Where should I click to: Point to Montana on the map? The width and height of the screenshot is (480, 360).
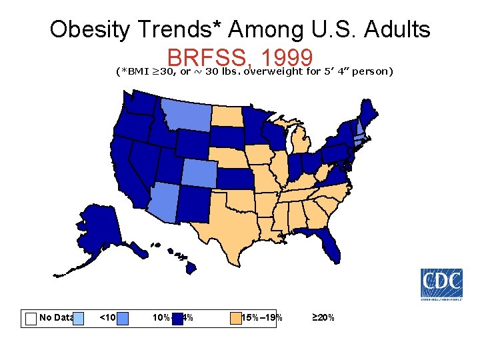pyautogui.click(x=187, y=116)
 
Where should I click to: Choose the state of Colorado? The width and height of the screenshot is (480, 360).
pyautogui.click(x=199, y=174)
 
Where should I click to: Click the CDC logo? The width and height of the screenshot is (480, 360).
pyautogui.click(x=441, y=284)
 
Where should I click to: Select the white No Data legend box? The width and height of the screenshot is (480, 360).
pyautogui.click(x=31, y=318)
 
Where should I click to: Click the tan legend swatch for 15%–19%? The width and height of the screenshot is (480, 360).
pyautogui.click(x=235, y=318)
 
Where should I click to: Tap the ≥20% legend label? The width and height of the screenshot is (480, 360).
pyautogui.click(x=324, y=317)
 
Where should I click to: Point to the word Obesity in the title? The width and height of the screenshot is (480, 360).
pyautogui.click(x=94, y=30)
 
